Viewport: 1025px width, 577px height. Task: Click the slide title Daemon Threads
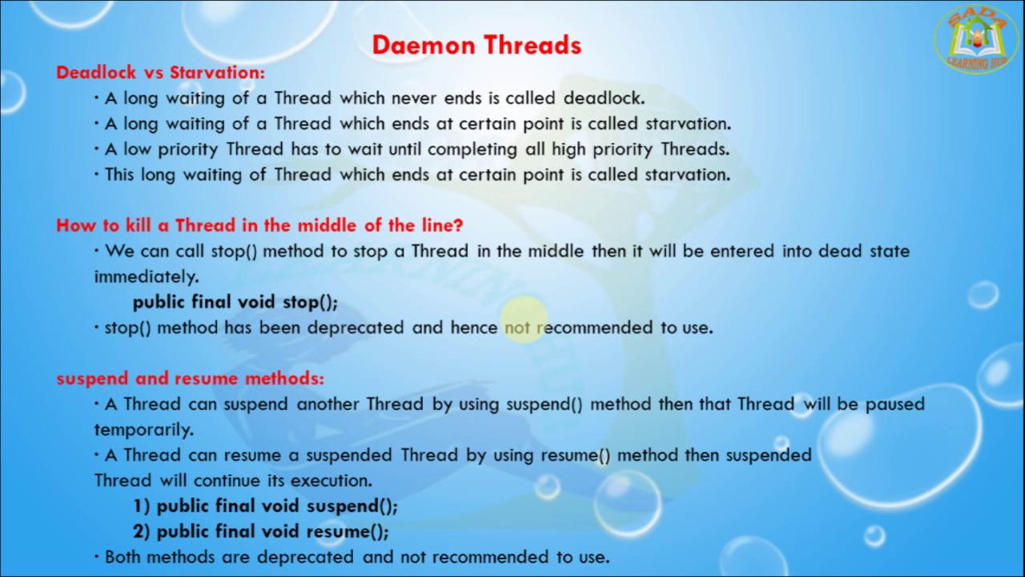[x=476, y=45]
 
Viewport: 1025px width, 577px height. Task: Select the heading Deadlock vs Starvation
[x=160, y=72]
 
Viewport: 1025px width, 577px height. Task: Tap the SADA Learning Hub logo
[x=976, y=39]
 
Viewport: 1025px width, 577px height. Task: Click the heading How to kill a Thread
[x=259, y=225]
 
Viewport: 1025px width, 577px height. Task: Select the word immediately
[x=146, y=276]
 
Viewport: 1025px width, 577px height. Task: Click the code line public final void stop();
[x=235, y=302]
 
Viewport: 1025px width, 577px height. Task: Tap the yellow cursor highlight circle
[x=525, y=319]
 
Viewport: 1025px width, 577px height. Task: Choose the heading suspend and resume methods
[x=190, y=378]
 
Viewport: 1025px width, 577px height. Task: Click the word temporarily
[x=144, y=430]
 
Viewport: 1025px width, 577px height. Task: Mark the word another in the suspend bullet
[x=328, y=404]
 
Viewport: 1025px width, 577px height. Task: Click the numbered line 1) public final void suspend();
[x=265, y=506]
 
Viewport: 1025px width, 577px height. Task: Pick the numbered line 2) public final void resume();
[x=261, y=531]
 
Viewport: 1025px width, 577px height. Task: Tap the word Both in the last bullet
[x=123, y=557]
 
